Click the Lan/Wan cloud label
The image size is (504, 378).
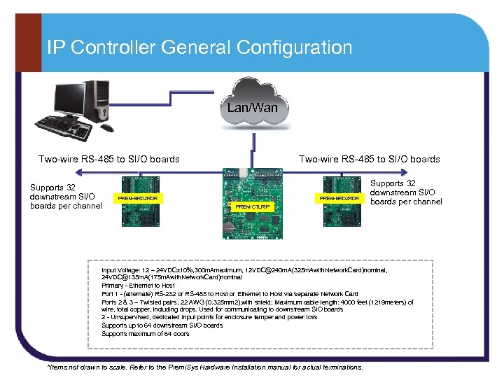tap(252, 108)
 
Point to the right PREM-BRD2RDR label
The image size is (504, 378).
tap(339, 199)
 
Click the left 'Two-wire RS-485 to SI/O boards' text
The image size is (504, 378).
tap(108, 159)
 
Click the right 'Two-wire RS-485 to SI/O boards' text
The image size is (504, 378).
tap(369, 159)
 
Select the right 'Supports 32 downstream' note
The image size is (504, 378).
tap(406, 192)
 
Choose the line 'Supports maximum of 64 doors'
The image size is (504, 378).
tap(145, 334)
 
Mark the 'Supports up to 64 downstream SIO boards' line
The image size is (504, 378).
tap(162, 325)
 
